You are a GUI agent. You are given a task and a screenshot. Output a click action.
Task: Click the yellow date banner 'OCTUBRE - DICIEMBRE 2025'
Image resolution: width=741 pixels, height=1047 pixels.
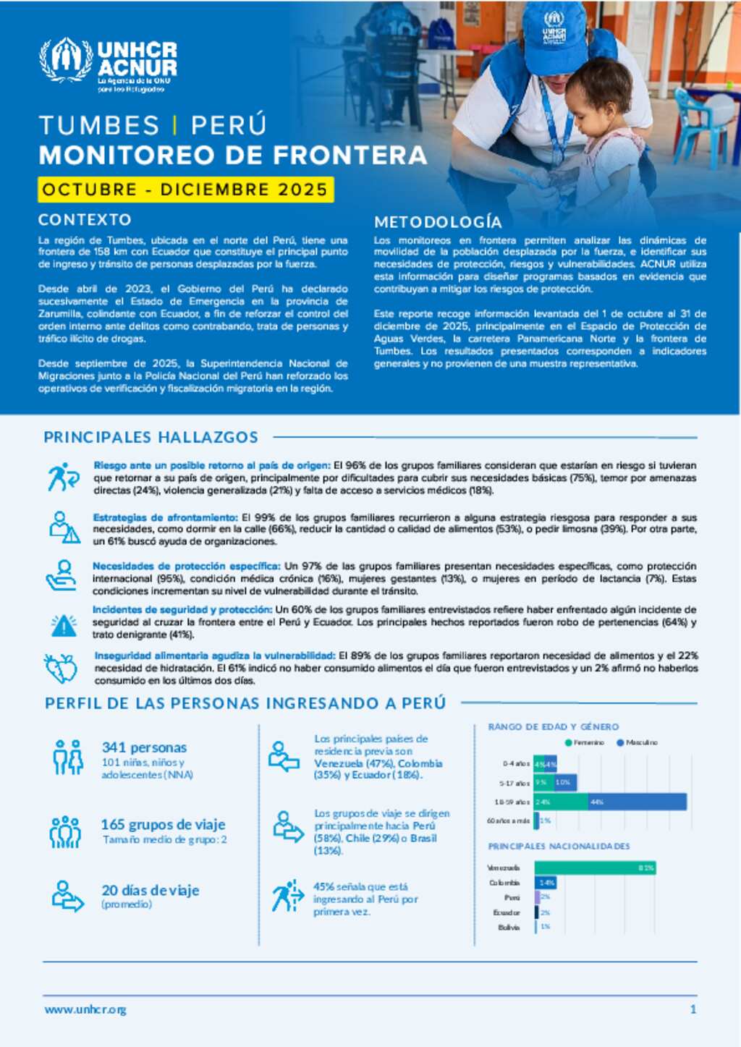point(185,190)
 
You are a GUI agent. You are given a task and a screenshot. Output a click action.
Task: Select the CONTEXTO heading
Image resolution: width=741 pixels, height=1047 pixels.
point(85,220)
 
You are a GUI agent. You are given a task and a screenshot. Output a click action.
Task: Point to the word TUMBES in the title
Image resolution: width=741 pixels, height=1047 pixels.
point(99,125)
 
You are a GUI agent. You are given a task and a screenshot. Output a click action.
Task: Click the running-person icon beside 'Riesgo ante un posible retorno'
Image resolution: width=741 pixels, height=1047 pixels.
point(63,477)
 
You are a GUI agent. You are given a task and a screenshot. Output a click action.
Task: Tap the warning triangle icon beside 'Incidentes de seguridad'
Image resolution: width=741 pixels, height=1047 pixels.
point(64,624)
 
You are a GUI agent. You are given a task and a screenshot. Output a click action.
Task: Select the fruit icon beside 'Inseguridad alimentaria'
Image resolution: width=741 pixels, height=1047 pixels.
point(61,668)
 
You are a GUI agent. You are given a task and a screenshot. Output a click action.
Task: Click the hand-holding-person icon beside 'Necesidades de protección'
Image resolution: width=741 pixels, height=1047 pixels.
point(62,575)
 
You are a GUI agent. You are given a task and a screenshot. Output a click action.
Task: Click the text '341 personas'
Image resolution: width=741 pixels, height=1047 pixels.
point(144,747)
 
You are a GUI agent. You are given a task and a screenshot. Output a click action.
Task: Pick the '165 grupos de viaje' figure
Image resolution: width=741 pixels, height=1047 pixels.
point(163,824)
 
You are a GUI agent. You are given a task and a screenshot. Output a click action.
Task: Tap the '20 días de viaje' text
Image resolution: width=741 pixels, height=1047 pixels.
point(150,891)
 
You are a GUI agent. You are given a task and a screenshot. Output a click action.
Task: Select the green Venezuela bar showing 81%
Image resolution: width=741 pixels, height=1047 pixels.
point(595,868)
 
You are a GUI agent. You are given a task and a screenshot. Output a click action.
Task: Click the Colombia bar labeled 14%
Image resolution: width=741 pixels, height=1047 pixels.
point(546,883)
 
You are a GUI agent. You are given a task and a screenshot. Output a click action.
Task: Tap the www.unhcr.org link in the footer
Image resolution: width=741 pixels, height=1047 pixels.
point(85,1009)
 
